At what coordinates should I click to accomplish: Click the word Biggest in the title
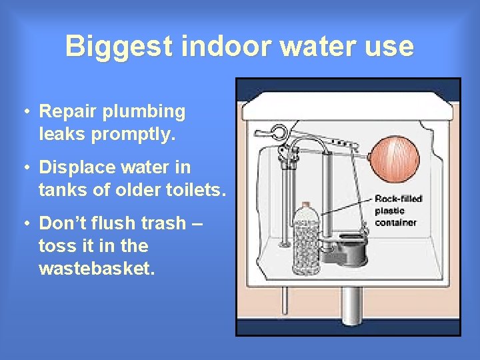(x=119, y=47)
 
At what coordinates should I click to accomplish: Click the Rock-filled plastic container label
(x=398, y=211)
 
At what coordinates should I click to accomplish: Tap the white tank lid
(x=347, y=107)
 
